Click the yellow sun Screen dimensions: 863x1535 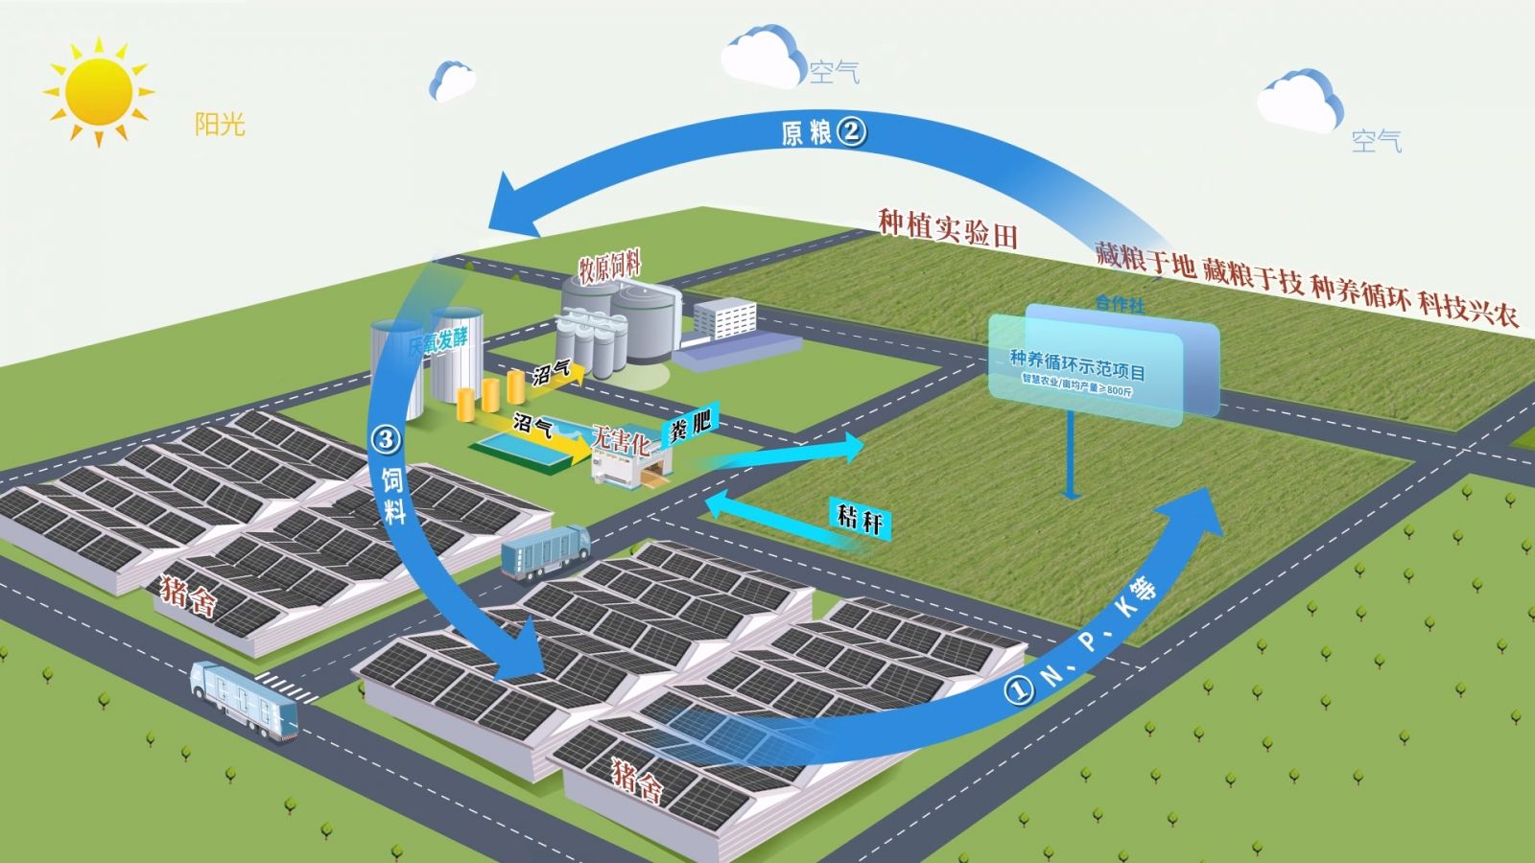pyautogui.click(x=98, y=91)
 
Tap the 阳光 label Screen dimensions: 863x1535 pyautogui.click(x=220, y=124)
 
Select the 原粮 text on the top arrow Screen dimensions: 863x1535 pyautogui.click(x=806, y=132)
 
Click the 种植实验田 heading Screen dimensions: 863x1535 pyautogui.click(x=947, y=228)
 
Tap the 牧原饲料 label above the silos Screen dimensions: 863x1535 pyautogui.click(x=609, y=268)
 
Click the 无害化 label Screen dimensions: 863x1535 pyautogui.click(x=621, y=441)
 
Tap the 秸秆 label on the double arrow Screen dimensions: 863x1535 pyautogui.click(x=860, y=521)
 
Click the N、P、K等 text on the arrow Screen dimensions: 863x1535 pyautogui.click(x=1103, y=633)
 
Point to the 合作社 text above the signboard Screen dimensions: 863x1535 pyautogui.click(x=1120, y=304)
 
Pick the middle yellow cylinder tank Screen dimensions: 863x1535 pyautogui.click(x=491, y=394)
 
